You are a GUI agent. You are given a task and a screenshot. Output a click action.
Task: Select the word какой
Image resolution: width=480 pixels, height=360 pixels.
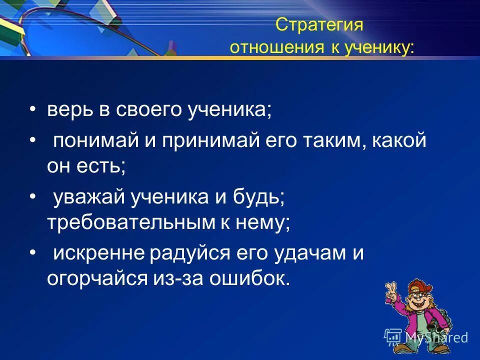[402, 141]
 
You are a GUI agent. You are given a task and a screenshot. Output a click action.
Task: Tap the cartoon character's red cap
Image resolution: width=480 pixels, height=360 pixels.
[416, 285]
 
